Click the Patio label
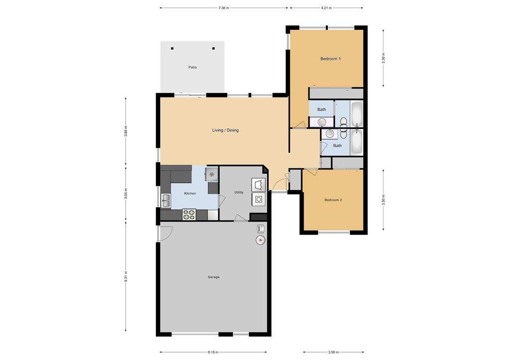tap(193, 67)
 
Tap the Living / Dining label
tap(225, 130)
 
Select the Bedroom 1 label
tap(330, 59)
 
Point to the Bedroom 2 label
tap(333, 200)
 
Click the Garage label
tap(213, 277)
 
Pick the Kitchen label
tap(190, 193)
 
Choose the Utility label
tap(239, 192)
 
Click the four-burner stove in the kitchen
tap(189, 215)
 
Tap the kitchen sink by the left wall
tap(166, 201)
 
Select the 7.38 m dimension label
tap(224, 8)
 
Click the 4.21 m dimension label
tap(326, 8)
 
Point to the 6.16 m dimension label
tap(213, 352)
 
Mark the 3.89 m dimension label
tap(125, 131)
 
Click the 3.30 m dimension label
tap(384, 58)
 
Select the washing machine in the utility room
tap(259, 199)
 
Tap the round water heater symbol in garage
tap(260, 240)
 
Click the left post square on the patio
tap(172, 48)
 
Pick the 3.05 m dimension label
tap(125, 194)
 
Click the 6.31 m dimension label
tap(125, 277)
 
